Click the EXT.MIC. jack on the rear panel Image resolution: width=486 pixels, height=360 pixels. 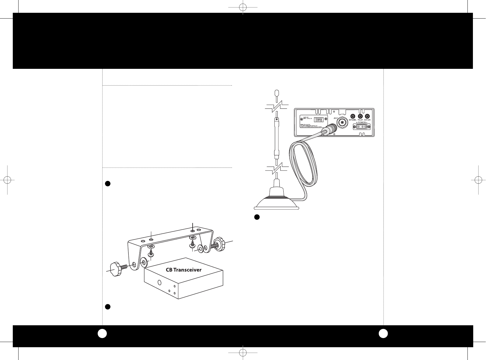352,116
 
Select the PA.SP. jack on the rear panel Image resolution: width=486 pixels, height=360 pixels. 360,116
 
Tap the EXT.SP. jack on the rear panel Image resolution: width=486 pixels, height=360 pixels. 367,116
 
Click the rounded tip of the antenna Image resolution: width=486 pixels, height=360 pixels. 277,92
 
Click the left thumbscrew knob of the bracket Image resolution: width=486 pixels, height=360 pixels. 116,268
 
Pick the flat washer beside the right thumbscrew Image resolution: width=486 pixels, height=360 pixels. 200,249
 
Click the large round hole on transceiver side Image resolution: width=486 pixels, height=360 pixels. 159,282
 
